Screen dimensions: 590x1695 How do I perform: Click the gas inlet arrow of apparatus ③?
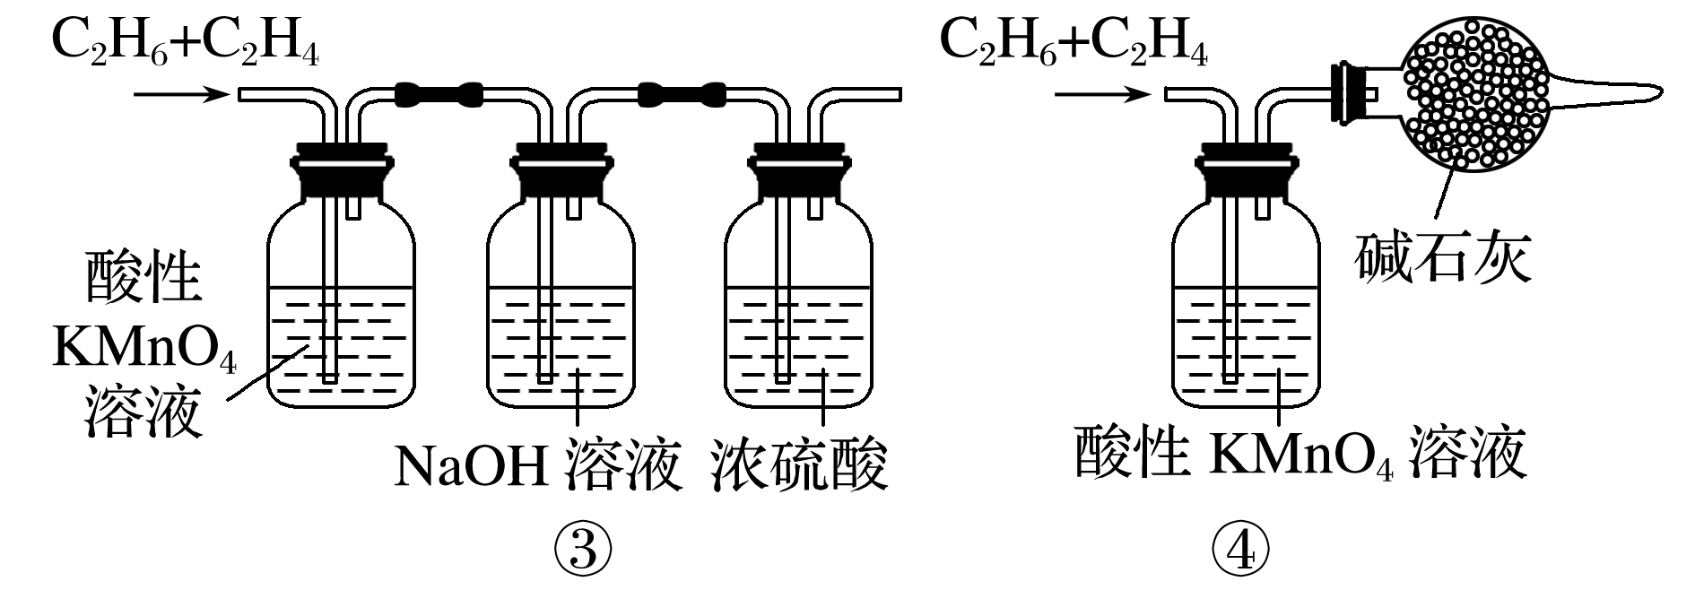click(x=180, y=93)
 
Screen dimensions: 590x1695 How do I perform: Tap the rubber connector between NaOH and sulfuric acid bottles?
click(x=682, y=91)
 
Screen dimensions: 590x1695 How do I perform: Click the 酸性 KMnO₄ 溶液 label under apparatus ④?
click(x=1300, y=456)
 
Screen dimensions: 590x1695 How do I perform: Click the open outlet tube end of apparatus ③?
click(x=892, y=93)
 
